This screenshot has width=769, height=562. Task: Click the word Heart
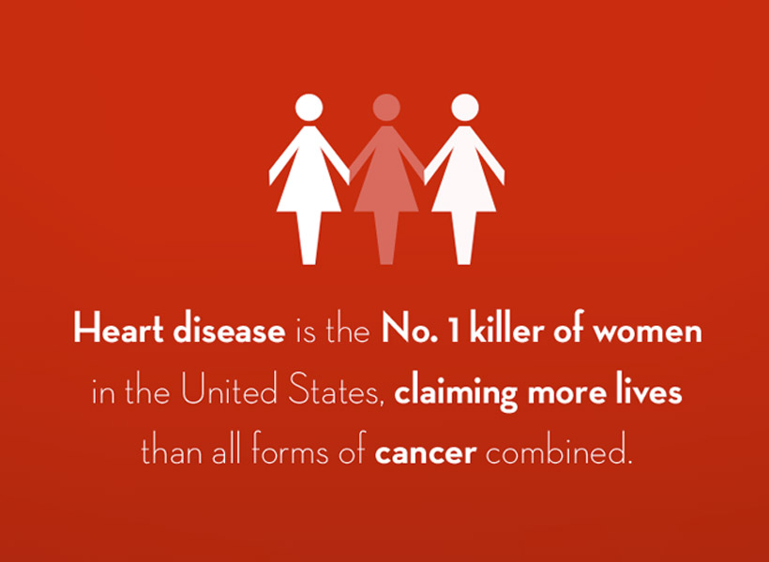[x=118, y=331]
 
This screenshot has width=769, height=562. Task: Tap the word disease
[x=229, y=331]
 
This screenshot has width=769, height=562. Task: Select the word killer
[x=506, y=331]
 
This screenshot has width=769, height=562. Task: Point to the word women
[x=647, y=333]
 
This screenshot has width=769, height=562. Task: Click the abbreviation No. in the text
[x=410, y=331]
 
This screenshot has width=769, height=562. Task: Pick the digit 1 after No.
[x=454, y=331]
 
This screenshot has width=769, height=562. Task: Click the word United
[x=229, y=392]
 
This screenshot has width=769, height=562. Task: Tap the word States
[x=335, y=392]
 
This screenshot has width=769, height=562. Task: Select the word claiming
[x=456, y=393]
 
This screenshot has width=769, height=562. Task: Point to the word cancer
[x=425, y=453]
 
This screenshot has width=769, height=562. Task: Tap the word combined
[x=557, y=451]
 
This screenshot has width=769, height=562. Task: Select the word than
[x=172, y=451]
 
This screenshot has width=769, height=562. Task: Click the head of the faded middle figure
[x=386, y=108]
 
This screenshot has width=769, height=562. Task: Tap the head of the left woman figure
[x=309, y=108]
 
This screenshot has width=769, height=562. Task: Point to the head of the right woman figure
[x=464, y=108]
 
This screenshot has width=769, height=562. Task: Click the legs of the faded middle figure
[x=386, y=238]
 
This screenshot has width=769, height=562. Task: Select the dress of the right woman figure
[x=464, y=169]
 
